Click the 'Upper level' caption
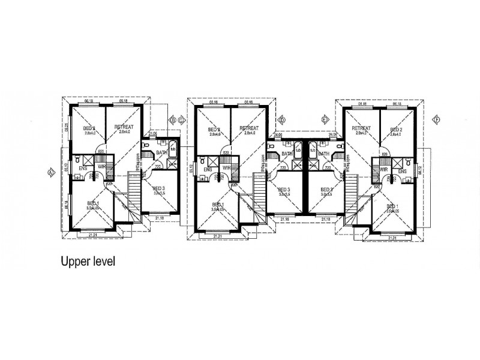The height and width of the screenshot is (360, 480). coord(87,262)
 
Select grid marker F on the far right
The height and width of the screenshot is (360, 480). coord(436,120)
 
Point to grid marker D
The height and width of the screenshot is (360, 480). coord(281,120)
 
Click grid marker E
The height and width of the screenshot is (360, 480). coord(325,120)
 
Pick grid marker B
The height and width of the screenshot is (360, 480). coord(173,120)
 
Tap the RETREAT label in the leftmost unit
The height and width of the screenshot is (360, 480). coord(124,128)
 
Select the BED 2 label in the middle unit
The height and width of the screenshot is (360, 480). coord(214,129)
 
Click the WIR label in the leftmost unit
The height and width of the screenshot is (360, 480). coord(102,166)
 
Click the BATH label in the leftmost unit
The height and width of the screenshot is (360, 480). coord(161,153)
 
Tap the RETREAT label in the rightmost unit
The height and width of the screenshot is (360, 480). coord(361,128)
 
